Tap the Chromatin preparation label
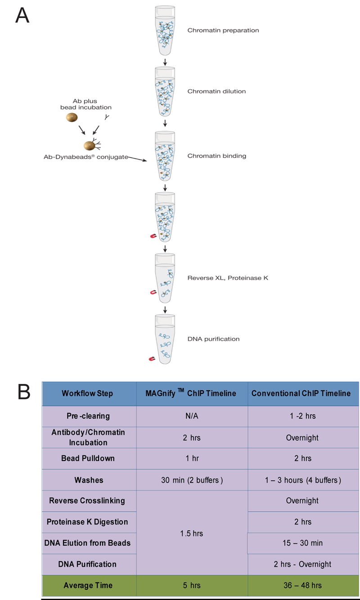pos(223,31)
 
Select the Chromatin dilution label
pos(216,91)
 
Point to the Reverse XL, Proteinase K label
pos(228,278)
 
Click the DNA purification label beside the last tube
pos(213,339)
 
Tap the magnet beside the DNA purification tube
pos(153,359)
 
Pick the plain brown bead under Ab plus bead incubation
pos(72,117)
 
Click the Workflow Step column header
pos(87,393)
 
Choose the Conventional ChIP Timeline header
pos(301,393)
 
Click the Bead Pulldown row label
pos(88,458)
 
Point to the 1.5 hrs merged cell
pos(192,533)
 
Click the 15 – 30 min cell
pos(302,543)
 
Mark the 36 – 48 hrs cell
pos(302,586)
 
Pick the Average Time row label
pos(88,586)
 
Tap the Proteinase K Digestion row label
pos(87,522)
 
